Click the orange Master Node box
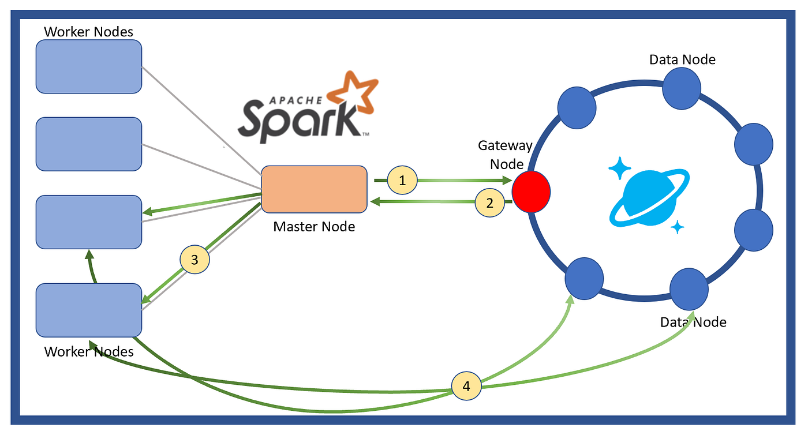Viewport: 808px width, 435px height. [x=314, y=189]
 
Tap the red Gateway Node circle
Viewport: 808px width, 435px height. [x=531, y=192]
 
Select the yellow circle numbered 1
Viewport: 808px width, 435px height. [x=402, y=180]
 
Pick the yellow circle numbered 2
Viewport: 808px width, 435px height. [x=489, y=202]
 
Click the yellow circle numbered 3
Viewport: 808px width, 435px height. [x=194, y=260]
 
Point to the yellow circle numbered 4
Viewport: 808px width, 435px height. [x=466, y=386]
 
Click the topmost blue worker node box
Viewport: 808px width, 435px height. [x=89, y=66]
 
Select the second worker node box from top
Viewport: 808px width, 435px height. [x=89, y=144]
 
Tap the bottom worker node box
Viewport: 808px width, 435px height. [x=89, y=310]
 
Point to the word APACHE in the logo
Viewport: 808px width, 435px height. [x=295, y=100]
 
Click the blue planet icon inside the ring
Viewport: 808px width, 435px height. [x=649, y=197]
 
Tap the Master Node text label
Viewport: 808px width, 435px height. [x=314, y=227]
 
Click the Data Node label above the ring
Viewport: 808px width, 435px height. [x=682, y=59]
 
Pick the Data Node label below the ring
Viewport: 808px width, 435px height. [x=693, y=322]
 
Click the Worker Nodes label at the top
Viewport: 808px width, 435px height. [x=88, y=32]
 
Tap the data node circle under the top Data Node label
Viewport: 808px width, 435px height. [x=682, y=89]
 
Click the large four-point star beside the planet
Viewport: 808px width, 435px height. [x=620, y=168]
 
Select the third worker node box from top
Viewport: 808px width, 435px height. [x=89, y=222]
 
